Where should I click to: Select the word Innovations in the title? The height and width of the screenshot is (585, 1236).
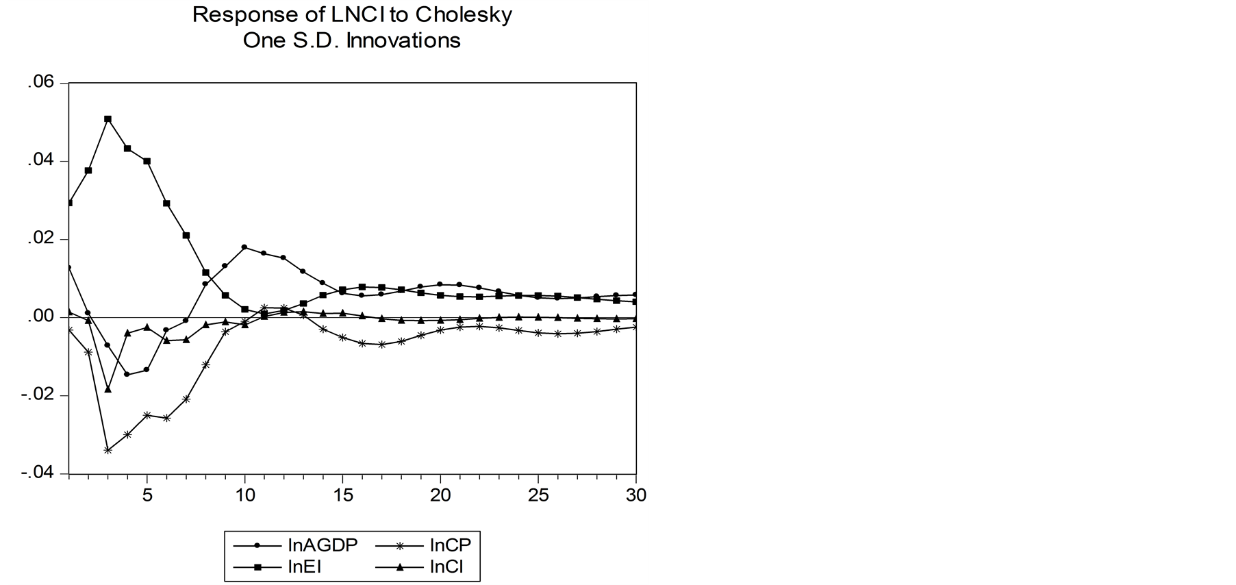403,40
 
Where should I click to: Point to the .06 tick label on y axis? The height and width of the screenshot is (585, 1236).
40,83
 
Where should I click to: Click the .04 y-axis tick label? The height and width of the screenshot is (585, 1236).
40,161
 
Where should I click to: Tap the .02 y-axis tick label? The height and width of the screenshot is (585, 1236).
40,239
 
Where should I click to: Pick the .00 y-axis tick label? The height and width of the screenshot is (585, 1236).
40,317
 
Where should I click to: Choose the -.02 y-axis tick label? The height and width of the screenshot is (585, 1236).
37,395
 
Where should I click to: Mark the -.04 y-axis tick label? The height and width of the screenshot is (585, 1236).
37,473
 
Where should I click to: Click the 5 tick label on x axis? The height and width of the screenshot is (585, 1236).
147,495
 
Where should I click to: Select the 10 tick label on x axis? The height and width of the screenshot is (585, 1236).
245,495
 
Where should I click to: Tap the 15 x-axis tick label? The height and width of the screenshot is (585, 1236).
343,495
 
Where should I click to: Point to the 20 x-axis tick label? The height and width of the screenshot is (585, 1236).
441,495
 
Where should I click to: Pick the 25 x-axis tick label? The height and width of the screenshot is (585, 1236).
539,495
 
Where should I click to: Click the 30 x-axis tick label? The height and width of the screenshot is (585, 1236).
636,495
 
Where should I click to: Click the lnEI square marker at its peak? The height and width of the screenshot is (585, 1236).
108,119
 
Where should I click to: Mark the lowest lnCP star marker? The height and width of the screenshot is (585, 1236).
108,450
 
